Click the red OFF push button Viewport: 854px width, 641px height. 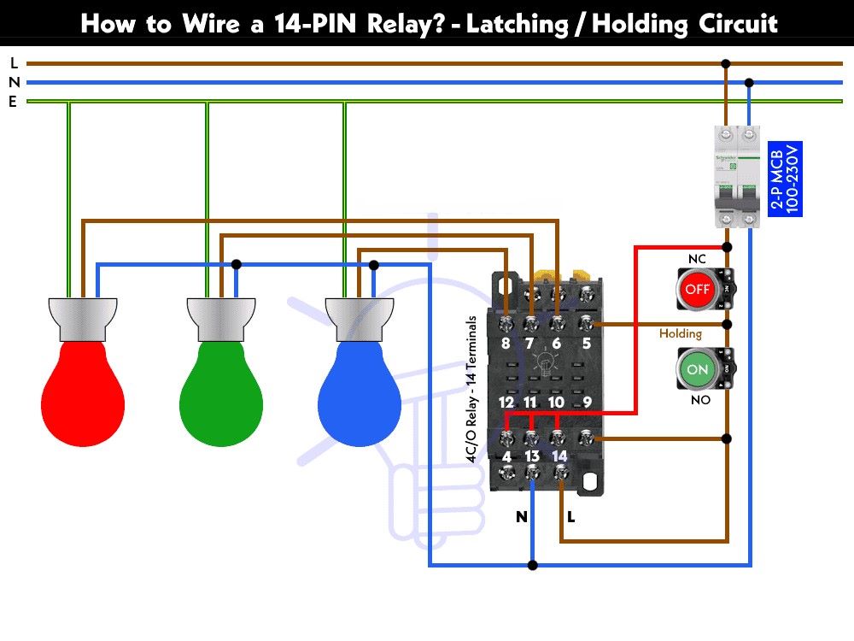point(697,289)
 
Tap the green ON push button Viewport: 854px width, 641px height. point(697,369)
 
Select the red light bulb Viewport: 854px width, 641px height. point(83,393)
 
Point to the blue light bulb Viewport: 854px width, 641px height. point(359,393)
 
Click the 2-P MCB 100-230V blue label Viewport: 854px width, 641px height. point(783,179)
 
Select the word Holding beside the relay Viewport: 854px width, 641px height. point(680,333)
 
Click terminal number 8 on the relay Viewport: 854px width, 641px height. point(506,344)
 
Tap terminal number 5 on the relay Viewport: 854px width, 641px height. point(587,344)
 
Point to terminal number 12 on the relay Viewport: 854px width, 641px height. point(506,402)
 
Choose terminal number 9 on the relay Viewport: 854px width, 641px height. point(587,402)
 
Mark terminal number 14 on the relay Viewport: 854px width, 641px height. point(559,456)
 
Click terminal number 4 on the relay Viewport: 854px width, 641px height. point(506,456)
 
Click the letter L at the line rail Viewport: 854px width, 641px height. point(14,63)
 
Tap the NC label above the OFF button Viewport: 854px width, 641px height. point(697,258)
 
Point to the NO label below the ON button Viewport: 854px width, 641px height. point(697,399)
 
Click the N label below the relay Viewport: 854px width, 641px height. point(521,517)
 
